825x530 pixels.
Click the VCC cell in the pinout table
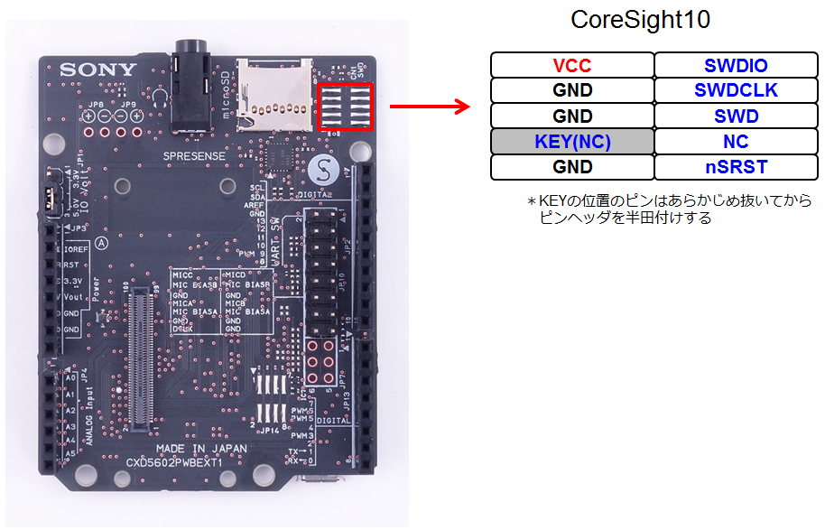point(572,66)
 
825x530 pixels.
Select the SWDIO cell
point(736,66)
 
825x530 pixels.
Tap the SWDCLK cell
point(736,91)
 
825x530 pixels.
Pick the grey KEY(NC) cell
point(572,142)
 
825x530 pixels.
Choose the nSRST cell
point(736,167)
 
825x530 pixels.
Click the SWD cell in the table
point(736,116)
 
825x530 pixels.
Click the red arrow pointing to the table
point(431,107)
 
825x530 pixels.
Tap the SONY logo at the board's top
point(98,70)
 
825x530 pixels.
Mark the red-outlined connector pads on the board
point(346,107)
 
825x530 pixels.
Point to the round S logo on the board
point(322,169)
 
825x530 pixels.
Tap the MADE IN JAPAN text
point(201,448)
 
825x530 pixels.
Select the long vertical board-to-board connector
point(140,356)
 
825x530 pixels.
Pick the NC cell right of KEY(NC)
point(736,142)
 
